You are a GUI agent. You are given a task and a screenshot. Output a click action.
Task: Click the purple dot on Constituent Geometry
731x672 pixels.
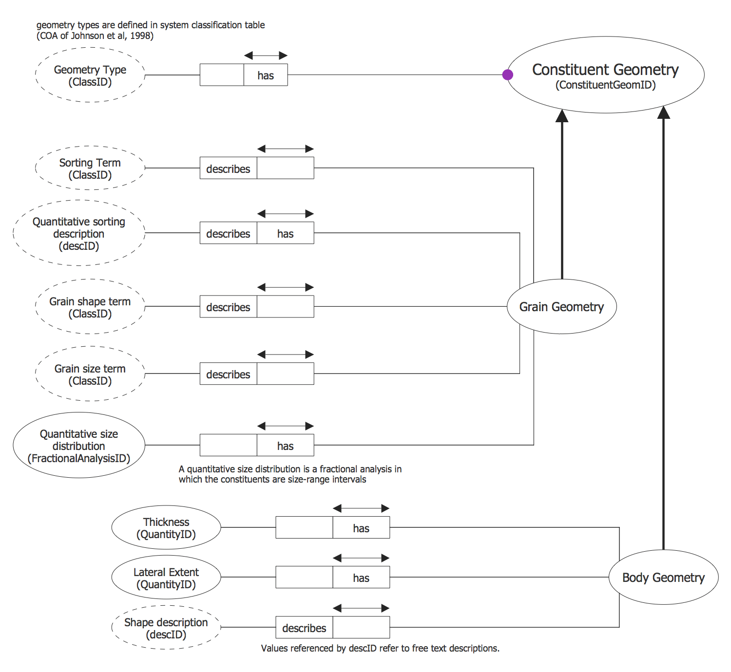(507, 75)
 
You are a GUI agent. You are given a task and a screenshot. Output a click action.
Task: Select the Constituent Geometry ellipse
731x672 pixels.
(605, 75)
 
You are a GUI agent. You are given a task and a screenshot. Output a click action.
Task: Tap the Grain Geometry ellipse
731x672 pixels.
(561, 306)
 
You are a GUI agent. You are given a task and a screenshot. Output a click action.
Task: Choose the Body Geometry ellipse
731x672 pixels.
(663, 577)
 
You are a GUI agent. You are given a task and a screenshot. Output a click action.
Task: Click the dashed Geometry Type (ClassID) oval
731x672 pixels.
(90, 75)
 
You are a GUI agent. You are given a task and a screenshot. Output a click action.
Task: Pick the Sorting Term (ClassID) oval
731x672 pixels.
(90, 168)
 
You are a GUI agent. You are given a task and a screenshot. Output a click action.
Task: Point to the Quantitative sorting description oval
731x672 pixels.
(79, 233)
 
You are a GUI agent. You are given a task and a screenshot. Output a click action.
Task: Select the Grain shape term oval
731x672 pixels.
(90, 307)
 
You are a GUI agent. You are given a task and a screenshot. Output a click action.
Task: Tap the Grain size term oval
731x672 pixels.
(90, 374)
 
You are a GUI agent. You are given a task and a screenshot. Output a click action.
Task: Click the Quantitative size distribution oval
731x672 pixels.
(79, 445)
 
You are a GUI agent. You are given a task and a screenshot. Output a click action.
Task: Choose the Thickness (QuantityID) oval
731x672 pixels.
(166, 527)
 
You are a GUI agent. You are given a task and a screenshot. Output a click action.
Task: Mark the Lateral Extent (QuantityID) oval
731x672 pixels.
(166, 578)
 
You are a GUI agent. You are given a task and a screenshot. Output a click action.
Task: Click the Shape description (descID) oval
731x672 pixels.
(166, 628)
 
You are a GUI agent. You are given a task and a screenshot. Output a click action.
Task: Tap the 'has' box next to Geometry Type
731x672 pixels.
(266, 75)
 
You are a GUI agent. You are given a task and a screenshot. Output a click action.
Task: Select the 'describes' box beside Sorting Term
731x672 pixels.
(228, 168)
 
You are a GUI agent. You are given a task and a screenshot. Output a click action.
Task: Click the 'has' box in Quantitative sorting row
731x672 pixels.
(286, 233)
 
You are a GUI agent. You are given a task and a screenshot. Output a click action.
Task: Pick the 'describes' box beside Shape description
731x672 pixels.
(304, 628)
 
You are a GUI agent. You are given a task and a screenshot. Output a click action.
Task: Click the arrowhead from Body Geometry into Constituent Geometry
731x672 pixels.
(663, 112)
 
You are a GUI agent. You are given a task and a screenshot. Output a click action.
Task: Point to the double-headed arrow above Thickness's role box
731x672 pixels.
(361, 508)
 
